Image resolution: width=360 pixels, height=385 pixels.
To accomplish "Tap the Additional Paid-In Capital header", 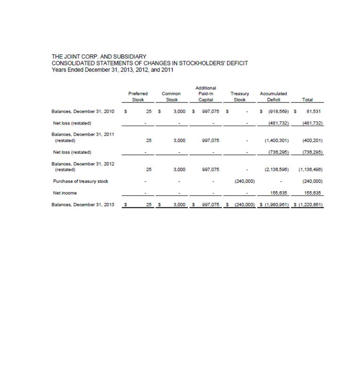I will click(207, 93).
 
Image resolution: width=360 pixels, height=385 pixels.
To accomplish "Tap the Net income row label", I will click(65, 193).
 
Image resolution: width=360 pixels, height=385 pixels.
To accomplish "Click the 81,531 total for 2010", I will click(314, 112).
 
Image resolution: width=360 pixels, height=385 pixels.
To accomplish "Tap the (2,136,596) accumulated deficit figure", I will click(277, 169).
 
